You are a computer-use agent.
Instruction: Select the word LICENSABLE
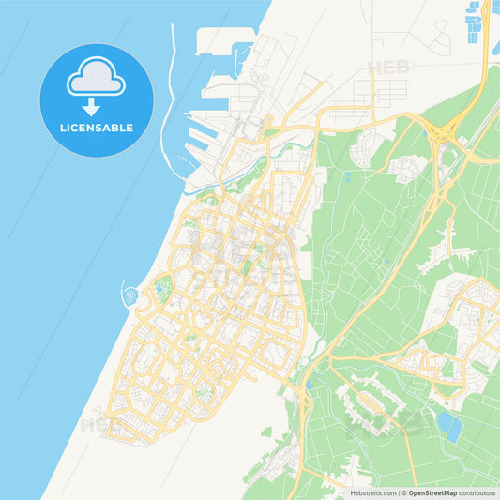click(x=96, y=128)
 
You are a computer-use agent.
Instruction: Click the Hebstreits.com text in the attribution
click(x=371, y=492)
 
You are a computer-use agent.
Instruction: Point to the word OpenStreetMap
click(x=432, y=492)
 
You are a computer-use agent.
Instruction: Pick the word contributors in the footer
click(x=477, y=492)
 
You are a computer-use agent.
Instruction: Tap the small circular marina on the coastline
click(x=129, y=297)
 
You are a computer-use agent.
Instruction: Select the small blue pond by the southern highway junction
click(x=309, y=385)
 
